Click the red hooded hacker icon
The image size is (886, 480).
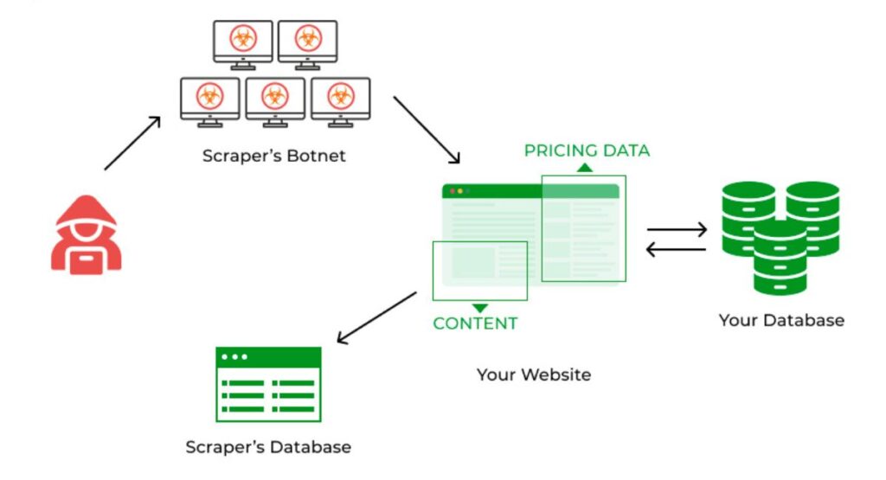click(86, 234)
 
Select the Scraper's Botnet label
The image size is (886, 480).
click(273, 157)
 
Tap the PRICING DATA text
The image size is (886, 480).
click(587, 151)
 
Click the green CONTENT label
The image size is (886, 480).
click(475, 324)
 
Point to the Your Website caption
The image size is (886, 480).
click(534, 374)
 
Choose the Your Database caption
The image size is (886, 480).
click(780, 320)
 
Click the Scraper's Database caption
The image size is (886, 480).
click(268, 447)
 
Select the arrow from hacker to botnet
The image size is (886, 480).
click(132, 143)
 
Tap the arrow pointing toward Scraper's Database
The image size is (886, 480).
click(376, 317)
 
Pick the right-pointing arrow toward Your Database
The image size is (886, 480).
click(677, 230)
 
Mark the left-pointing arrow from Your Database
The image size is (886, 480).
click(677, 249)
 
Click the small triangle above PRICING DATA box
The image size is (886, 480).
click(586, 168)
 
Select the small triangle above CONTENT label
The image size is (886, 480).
click(479, 308)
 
